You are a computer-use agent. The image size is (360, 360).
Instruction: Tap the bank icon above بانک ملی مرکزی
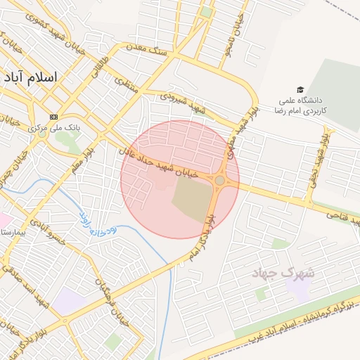[54, 116]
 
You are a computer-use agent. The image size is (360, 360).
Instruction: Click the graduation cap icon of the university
[300, 90]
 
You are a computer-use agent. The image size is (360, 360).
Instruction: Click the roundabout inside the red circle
[219, 181]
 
